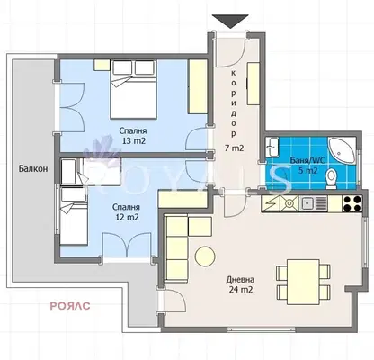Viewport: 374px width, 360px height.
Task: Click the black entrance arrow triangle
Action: [x=230, y=21]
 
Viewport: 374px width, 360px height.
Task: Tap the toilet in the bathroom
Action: [x=331, y=178]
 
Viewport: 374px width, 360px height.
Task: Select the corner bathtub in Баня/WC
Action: [x=342, y=150]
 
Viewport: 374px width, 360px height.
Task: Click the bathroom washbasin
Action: [x=272, y=147]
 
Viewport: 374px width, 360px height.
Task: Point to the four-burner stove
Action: [x=352, y=203]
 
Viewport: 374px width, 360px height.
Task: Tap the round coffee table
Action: [x=205, y=256]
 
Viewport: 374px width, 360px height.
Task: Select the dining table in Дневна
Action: [x=303, y=282]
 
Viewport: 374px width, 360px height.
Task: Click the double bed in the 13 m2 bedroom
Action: [x=133, y=89]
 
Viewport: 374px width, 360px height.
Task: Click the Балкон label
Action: [x=33, y=168]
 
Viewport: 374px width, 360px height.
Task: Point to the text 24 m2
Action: [x=241, y=290]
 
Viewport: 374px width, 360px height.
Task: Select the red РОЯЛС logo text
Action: [x=70, y=306]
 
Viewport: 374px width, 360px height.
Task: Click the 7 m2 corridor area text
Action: [x=235, y=148]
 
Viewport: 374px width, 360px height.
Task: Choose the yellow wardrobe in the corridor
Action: [x=254, y=84]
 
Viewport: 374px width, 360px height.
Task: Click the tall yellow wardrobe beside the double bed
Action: [x=198, y=86]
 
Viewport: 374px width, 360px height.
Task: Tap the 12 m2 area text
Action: [x=127, y=217]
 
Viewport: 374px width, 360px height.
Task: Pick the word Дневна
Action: [x=240, y=280]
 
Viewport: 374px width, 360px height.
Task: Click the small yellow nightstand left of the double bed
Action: [x=102, y=65]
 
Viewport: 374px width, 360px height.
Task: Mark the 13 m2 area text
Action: [x=134, y=140]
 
